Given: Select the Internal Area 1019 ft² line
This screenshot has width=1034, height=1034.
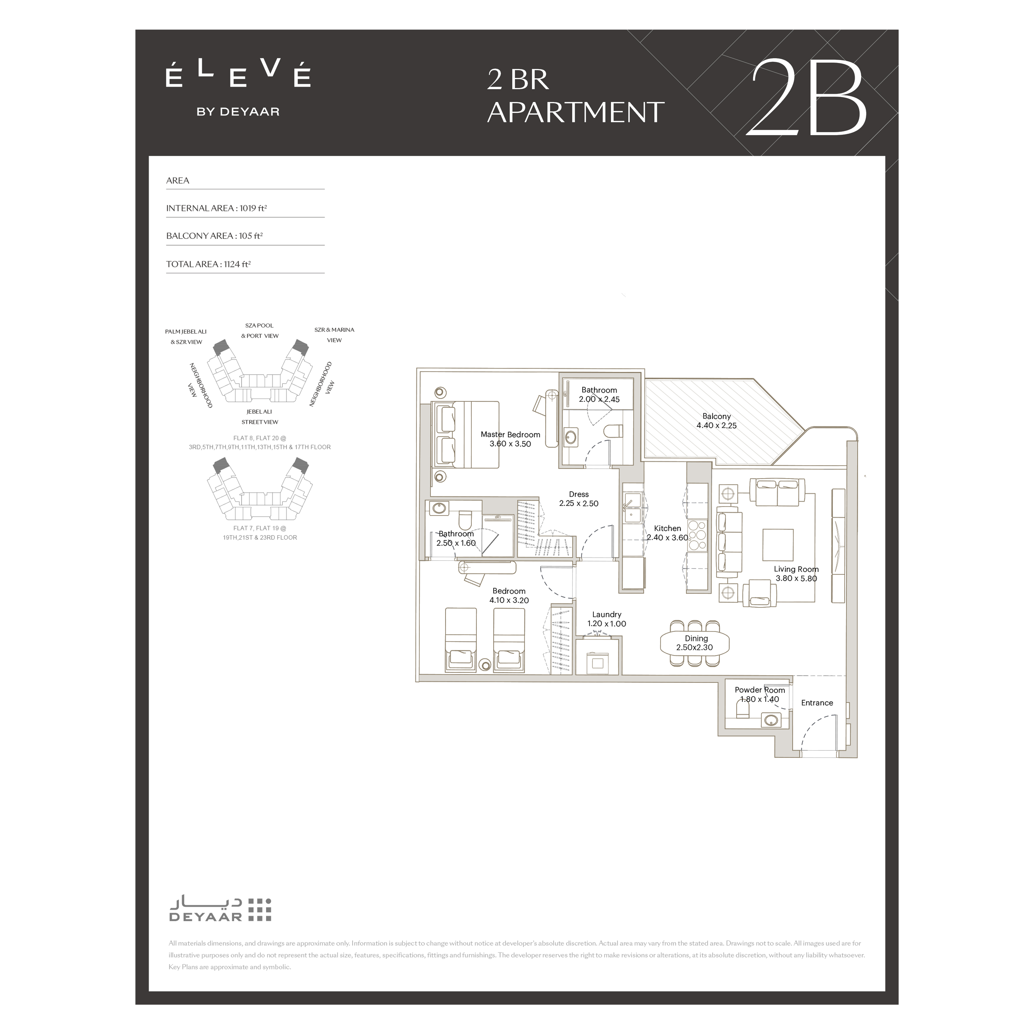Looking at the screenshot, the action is [216, 208].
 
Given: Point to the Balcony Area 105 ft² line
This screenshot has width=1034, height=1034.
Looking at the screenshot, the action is [214, 236].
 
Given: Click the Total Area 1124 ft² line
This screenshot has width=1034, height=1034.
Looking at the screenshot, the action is [208, 264].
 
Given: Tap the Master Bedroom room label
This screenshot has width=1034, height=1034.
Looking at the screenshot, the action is [510, 435].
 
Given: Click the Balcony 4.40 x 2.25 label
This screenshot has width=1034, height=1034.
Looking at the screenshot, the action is [716, 421].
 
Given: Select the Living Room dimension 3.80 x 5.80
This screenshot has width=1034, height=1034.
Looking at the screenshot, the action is [796, 578].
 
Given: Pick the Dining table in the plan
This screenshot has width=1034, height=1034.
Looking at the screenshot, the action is [695, 643].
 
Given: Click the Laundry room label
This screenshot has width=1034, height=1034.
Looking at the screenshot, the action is [607, 614].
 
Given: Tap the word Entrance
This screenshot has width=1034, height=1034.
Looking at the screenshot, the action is [817, 703].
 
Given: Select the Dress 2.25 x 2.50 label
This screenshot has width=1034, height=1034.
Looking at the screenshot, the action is [578, 499].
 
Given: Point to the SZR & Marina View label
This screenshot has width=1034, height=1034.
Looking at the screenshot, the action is [334, 335].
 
